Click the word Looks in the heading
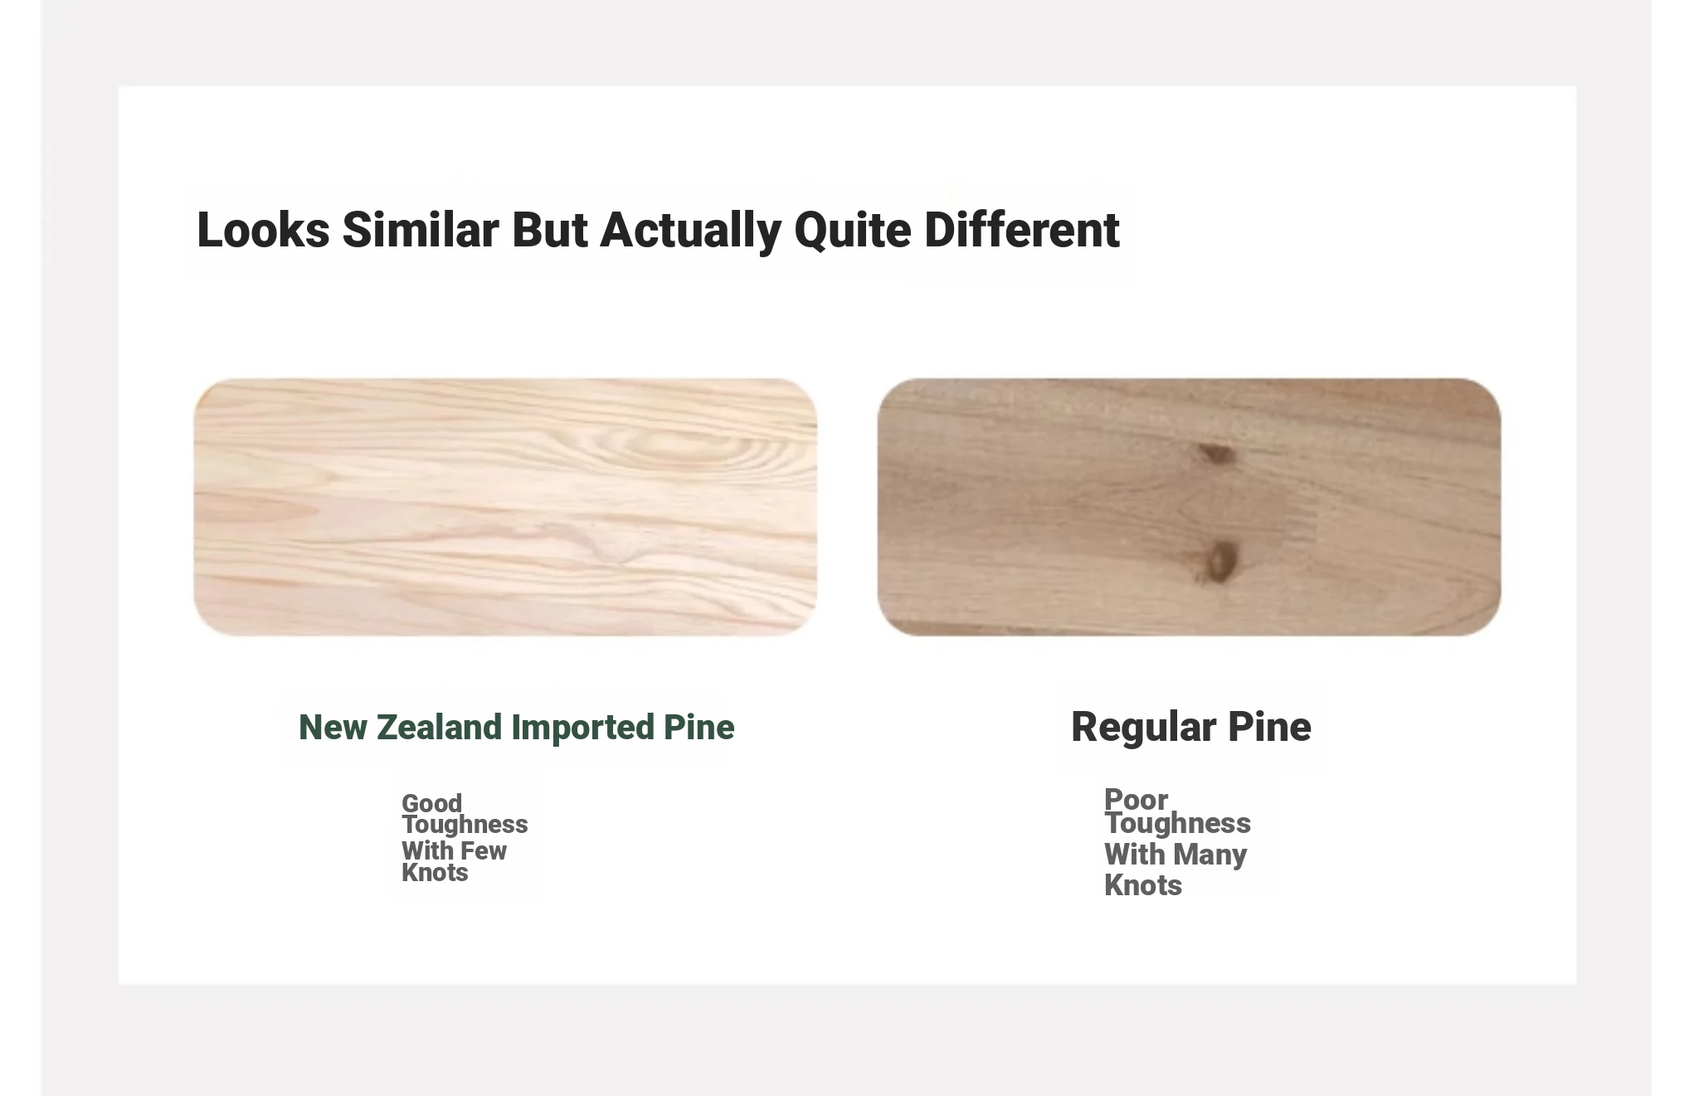point(263,230)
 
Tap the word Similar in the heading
point(421,230)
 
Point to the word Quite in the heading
point(853,231)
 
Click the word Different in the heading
point(1022,230)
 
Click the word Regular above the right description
point(1143,728)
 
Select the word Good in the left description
point(431,802)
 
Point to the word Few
point(484,850)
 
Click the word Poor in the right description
point(1136,799)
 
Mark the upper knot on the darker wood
point(1215,454)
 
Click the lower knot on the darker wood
point(1219,561)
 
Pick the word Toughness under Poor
point(1177,823)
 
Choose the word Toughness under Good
point(465,824)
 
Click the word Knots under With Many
point(1143,885)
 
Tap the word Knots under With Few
point(435,872)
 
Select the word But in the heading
point(550,230)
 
